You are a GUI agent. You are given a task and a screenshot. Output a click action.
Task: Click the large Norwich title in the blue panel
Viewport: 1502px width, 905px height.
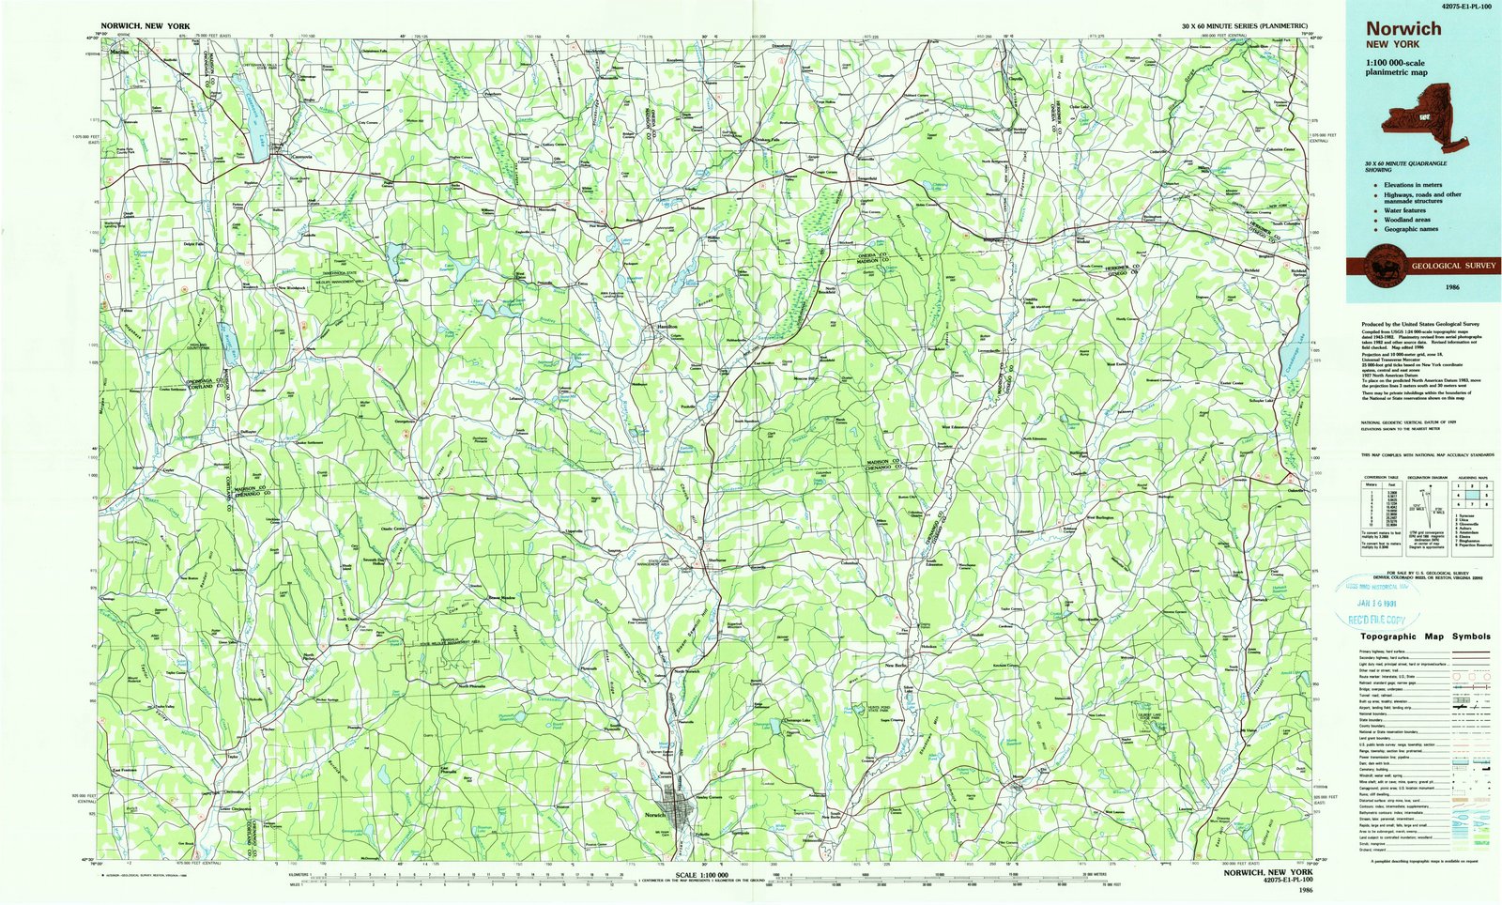pos(1403,29)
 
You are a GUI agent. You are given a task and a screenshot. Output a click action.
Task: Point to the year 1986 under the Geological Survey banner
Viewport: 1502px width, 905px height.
pos(1452,286)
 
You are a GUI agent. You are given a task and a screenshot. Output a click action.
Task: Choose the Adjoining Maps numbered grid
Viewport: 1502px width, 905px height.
pos(1471,492)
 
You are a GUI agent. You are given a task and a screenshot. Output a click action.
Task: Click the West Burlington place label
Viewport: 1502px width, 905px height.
pos(1099,517)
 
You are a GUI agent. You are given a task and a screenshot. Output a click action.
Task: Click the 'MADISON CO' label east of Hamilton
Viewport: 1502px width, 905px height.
pos(883,464)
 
